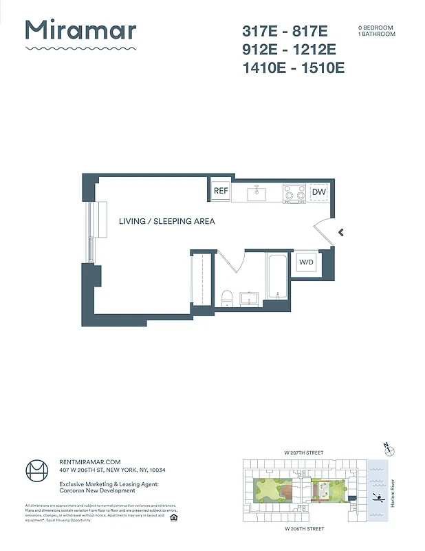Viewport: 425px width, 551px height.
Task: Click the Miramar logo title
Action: point(80,31)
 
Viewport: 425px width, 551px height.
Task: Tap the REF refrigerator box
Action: point(221,191)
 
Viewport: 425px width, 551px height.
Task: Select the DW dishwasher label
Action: point(319,192)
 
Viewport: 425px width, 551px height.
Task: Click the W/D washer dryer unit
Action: point(306,262)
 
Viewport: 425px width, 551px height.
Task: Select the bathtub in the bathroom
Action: point(276,278)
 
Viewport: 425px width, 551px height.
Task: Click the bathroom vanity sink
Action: point(248,298)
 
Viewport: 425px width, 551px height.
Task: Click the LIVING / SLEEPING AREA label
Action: point(166,221)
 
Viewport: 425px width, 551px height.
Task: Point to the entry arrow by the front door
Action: point(340,233)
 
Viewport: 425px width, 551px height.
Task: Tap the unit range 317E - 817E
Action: point(285,31)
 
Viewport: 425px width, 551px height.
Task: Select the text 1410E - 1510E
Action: point(293,67)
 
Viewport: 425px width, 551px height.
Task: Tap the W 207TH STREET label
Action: point(303,453)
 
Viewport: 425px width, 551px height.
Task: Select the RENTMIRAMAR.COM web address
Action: point(90,461)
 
